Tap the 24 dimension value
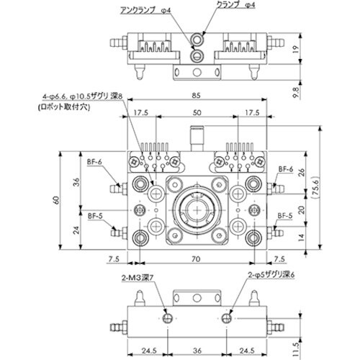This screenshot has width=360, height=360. point(76,230)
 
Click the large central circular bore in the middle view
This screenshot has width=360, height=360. point(196,210)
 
